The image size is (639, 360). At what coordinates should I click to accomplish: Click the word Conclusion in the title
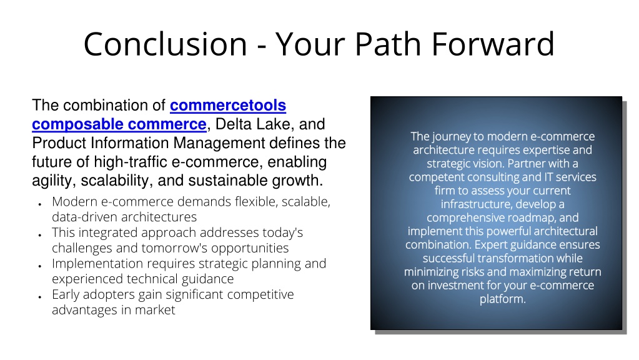tap(166, 44)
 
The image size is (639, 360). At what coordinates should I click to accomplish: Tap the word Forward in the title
tap(493, 44)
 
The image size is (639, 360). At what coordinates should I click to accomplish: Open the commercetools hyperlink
tap(228, 106)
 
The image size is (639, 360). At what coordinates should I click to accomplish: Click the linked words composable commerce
tap(119, 124)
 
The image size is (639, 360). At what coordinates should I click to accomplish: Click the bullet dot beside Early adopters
tap(40, 297)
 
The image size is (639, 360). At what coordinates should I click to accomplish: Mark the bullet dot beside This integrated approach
tap(40, 235)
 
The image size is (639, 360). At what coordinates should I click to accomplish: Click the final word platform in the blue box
tap(502, 299)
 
